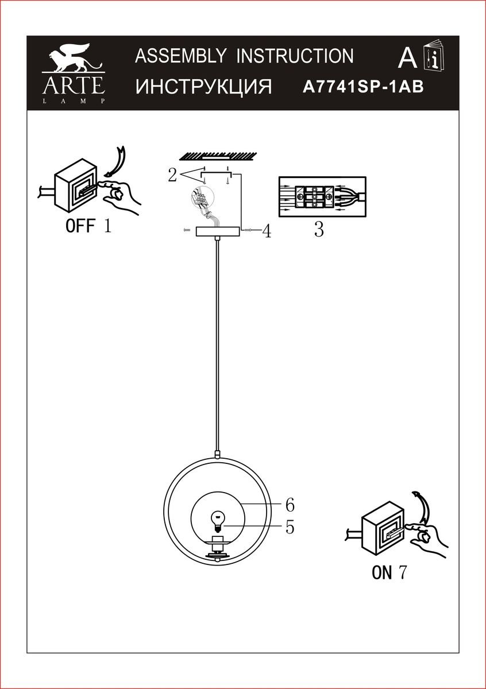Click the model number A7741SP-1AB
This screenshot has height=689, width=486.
(x=363, y=87)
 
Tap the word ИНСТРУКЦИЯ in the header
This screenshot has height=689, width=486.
(x=203, y=87)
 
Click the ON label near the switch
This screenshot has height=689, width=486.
(x=381, y=572)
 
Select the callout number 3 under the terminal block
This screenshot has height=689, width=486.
(x=319, y=230)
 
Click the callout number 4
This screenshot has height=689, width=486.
(x=266, y=231)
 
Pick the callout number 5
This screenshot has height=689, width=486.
(x=290, y=526)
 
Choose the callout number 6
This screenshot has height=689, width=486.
(x=290, y=505)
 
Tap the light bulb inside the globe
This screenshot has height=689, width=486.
(x=218, y=520)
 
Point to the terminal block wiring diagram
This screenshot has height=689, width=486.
(x=322, y=196)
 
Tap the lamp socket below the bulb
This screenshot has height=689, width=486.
(x=218, y=543)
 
